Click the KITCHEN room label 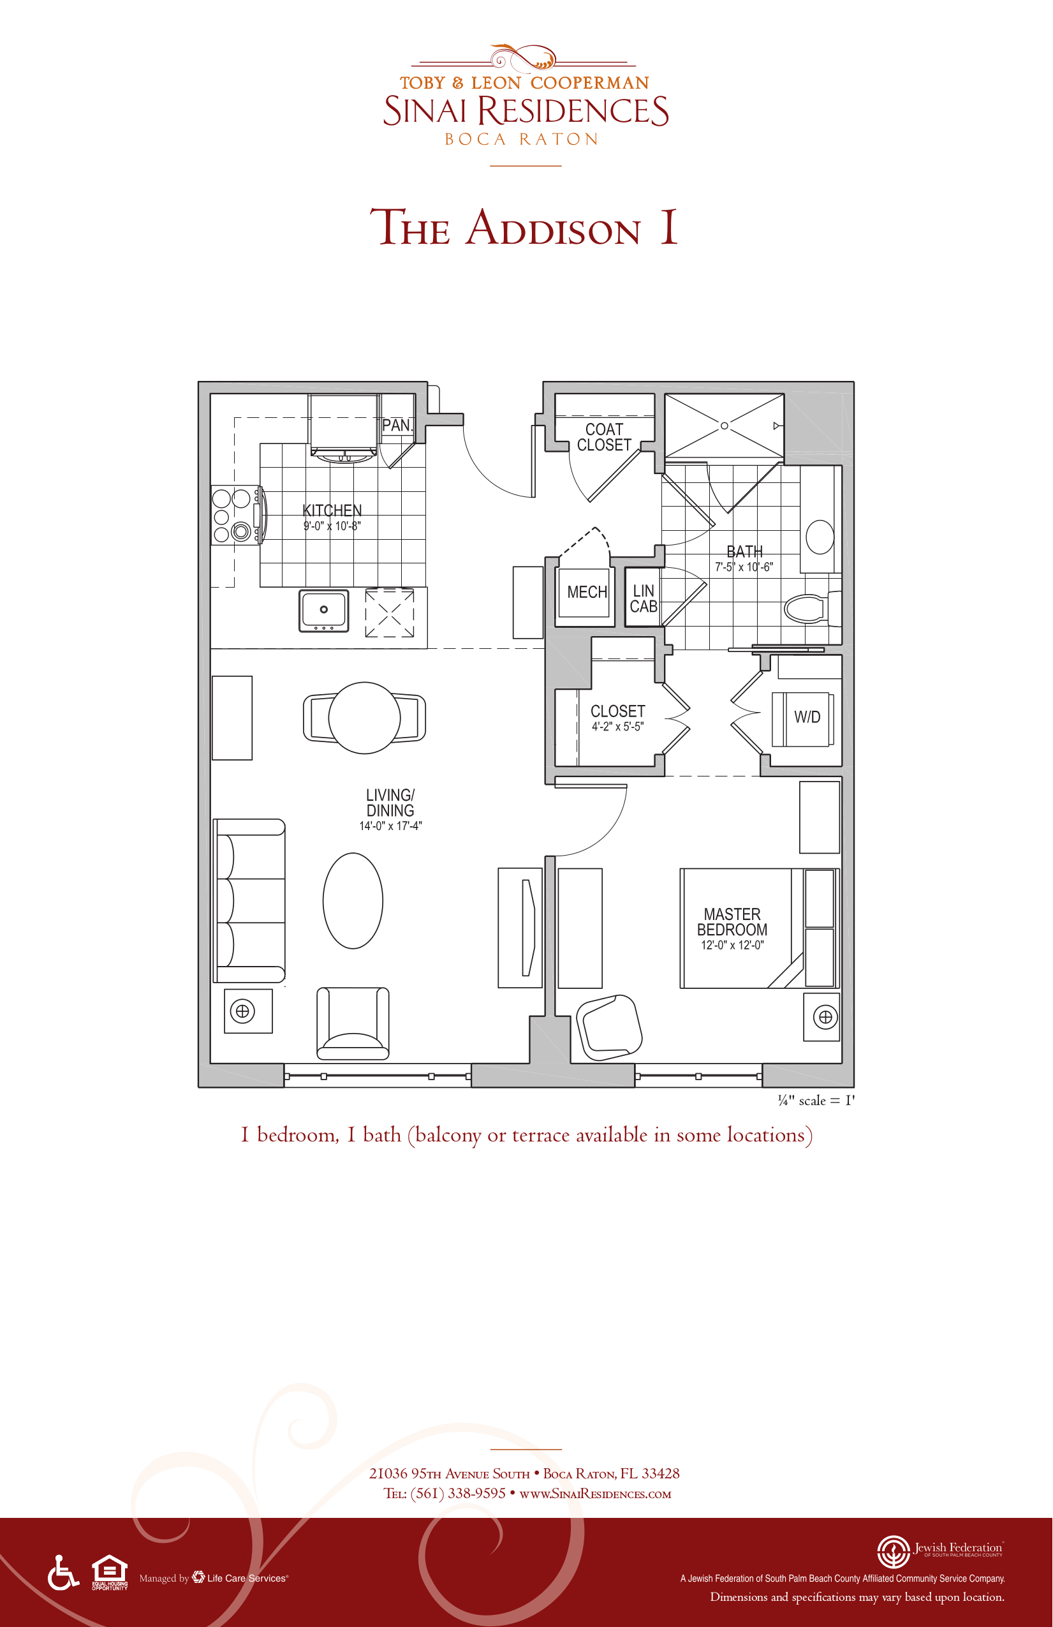pyautogui.click(x=332, y=510)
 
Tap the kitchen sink pyautogui.click(x=324, y=611)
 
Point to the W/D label pyautogui.click(x=807, y=717)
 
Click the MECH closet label pyautogui.click(x=587, y=592)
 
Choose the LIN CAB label pyautogui.click(x=644, y=598)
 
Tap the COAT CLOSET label pyautogui.click(x=604, y=437)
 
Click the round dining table pyautogui.click(x=364, y=718)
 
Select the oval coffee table pyautogui.click(x=353, y=900)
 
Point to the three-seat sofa pyautogui.click(x=249, y=901)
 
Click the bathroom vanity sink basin pyautogui.click(x=820, y=537)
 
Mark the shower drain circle pyautogui.click(x=725, y=426)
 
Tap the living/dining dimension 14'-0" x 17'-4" pyautogui.click(x=391, y=826)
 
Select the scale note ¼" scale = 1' pyautogui.click(x=816, y=1100)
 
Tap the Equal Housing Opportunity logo pyautogui.click(x=110, y=1572)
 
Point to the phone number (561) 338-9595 pyautogui.click(x=458, y=1493)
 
